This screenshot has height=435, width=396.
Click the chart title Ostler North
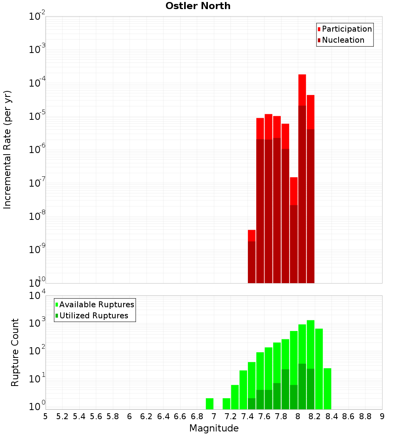pos(198,6)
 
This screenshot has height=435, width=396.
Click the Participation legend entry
pos(346,29)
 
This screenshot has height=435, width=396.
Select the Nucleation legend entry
pos(343,40)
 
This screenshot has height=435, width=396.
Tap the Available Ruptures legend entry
pos(96,304)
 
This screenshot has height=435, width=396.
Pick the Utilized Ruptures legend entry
pos(93,316)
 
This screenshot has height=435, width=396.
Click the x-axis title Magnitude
pos(214,428)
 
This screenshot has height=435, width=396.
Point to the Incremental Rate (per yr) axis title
pos(8,149)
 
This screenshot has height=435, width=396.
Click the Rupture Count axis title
pos(15,352)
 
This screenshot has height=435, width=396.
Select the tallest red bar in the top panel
pos(302,178)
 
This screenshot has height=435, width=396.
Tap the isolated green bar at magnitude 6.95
pos(209,404)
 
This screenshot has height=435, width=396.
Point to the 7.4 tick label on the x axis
pos(247,416)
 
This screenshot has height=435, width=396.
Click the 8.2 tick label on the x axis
pos(315,416)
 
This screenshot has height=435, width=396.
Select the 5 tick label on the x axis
pos(46,416)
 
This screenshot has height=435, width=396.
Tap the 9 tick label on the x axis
pos(382,416)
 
